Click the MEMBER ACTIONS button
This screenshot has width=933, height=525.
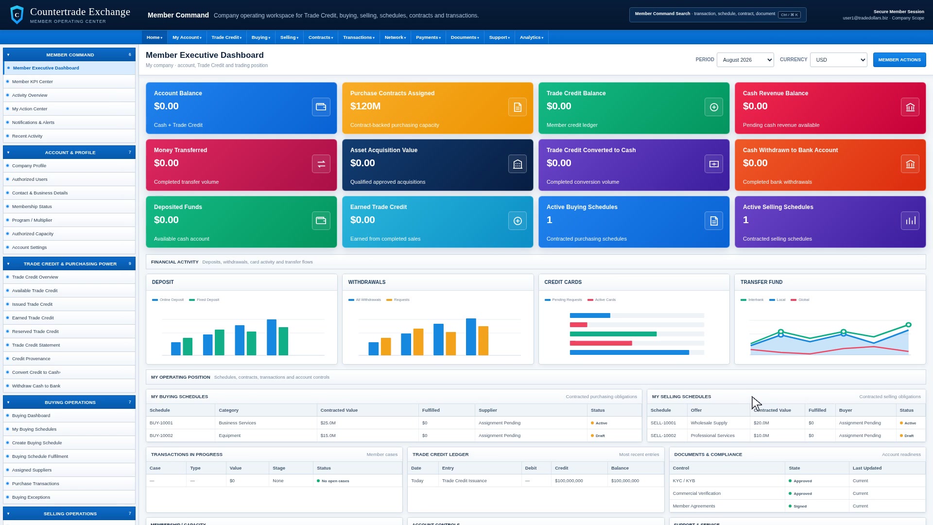899,60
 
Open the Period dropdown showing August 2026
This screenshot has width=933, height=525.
745,60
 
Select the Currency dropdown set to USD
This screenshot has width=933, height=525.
838,60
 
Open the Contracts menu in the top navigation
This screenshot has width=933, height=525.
321,37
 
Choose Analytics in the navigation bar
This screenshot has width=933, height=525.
531,37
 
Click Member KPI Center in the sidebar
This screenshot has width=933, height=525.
33,82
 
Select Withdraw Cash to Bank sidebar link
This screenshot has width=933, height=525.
36,386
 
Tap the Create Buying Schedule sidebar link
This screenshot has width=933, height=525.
37,443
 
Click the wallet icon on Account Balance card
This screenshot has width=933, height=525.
321,107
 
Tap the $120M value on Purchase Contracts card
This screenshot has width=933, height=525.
365,106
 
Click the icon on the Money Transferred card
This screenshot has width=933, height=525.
321,164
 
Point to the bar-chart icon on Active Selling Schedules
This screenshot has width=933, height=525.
910,221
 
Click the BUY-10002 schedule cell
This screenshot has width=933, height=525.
161,436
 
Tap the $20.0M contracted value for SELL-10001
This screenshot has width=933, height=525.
761,423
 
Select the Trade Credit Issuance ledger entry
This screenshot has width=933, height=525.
465,481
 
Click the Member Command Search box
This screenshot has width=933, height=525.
718,15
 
